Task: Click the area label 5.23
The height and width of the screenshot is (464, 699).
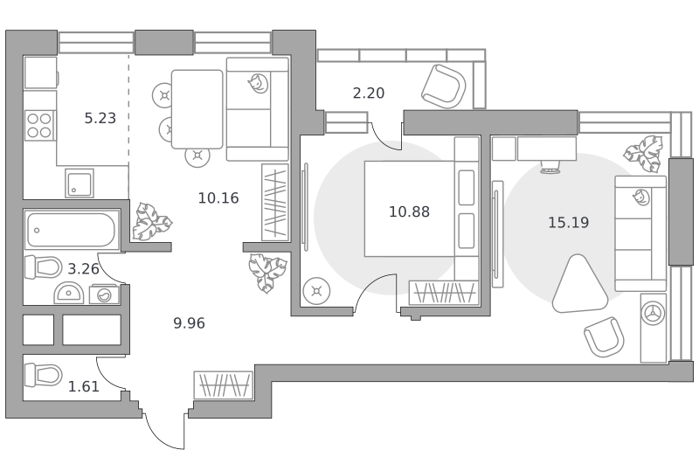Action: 100,118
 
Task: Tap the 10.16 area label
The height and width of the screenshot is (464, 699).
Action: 218,197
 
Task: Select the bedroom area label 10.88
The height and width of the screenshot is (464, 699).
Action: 409,211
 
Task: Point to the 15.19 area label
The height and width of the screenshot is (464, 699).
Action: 569,223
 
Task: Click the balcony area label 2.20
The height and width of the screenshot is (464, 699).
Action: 368,93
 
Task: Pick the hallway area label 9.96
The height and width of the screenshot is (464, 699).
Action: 189,323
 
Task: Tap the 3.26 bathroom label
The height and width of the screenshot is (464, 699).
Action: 83,269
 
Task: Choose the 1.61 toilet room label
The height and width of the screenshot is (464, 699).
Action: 83,386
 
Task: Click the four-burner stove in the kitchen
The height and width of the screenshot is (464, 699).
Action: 39,125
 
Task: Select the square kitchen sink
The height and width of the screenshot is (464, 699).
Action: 80,184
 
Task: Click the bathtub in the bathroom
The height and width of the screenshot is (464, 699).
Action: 72,230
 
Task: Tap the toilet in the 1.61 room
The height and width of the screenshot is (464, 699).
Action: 43,375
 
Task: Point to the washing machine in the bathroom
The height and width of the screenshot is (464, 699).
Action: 104,294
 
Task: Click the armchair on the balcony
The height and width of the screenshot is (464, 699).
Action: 444,87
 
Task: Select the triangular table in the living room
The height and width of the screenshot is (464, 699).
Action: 579,285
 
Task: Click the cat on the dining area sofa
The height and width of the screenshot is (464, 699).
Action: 258,84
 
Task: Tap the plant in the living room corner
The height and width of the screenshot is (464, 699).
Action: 643,154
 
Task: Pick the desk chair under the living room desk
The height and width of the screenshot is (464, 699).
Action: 550,167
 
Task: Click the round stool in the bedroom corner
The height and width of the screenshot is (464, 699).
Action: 316,292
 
